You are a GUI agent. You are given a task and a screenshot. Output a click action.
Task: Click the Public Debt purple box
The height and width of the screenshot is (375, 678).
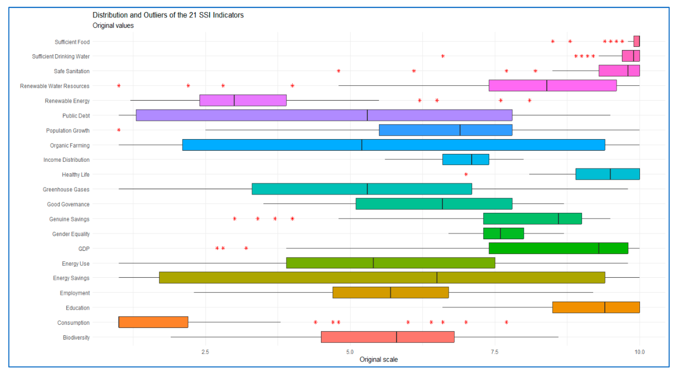tap(324, 115)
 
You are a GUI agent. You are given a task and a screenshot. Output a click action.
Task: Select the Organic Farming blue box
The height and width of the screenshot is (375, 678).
tap(394, 145)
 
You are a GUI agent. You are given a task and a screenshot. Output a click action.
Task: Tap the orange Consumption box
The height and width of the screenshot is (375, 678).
tap(153, 322)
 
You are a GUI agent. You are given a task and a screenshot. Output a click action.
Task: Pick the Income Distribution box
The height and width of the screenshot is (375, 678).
tap(466, 160)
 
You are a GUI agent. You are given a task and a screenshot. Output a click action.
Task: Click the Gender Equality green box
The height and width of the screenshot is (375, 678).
tap(504, 233)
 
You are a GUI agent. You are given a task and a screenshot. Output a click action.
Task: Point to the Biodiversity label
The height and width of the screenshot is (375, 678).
tap(76, 337)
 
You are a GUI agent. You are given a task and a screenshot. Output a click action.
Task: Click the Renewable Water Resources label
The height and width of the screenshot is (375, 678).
tap(55, 86)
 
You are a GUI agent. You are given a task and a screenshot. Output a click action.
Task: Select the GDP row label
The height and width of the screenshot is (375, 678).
tap(84, 249)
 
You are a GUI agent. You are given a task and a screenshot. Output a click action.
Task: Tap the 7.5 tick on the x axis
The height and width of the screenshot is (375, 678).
tap(495, 352)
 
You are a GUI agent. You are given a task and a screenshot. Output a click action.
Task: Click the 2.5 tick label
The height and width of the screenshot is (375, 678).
tap(205, 352)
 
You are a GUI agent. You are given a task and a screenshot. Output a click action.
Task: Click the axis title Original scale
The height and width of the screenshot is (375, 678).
tap(378, 359)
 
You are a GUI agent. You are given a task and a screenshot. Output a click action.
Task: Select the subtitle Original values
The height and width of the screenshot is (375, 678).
tap(113, 26)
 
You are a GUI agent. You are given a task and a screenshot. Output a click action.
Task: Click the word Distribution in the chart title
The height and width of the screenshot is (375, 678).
tap(110, 15)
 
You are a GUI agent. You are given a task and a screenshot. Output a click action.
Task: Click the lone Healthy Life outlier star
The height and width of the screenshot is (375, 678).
tap(466, 174)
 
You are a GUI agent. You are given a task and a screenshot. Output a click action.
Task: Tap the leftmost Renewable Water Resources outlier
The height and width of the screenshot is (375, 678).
tap(119, 86)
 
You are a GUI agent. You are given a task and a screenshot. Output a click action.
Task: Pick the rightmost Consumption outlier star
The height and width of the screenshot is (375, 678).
tap(506, 322)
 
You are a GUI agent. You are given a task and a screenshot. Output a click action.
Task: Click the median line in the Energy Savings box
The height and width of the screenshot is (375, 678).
tap(437, 277)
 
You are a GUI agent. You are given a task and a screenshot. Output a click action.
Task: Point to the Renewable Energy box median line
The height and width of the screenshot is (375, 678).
tap(234, 100)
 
